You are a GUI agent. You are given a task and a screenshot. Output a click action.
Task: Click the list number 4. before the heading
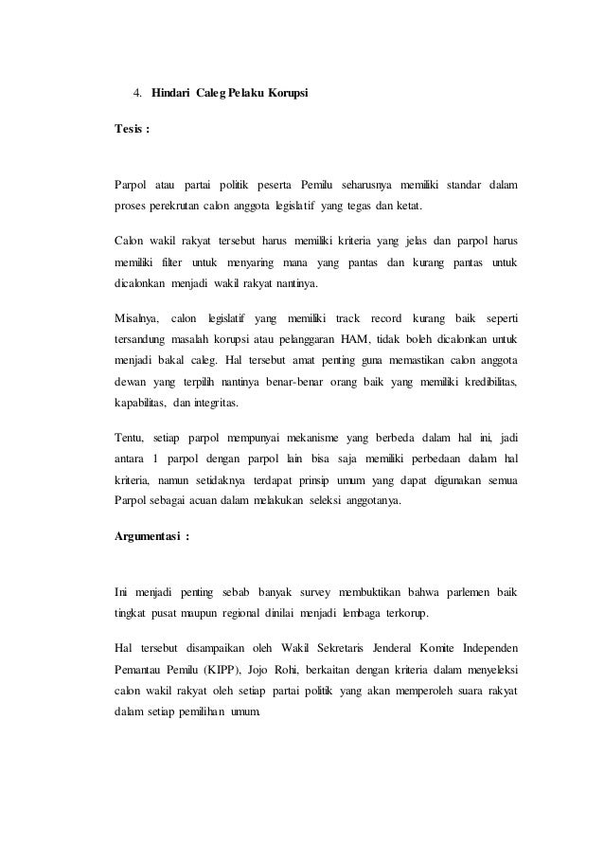(137, 93)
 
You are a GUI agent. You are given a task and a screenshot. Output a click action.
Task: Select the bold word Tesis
(128, 129)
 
